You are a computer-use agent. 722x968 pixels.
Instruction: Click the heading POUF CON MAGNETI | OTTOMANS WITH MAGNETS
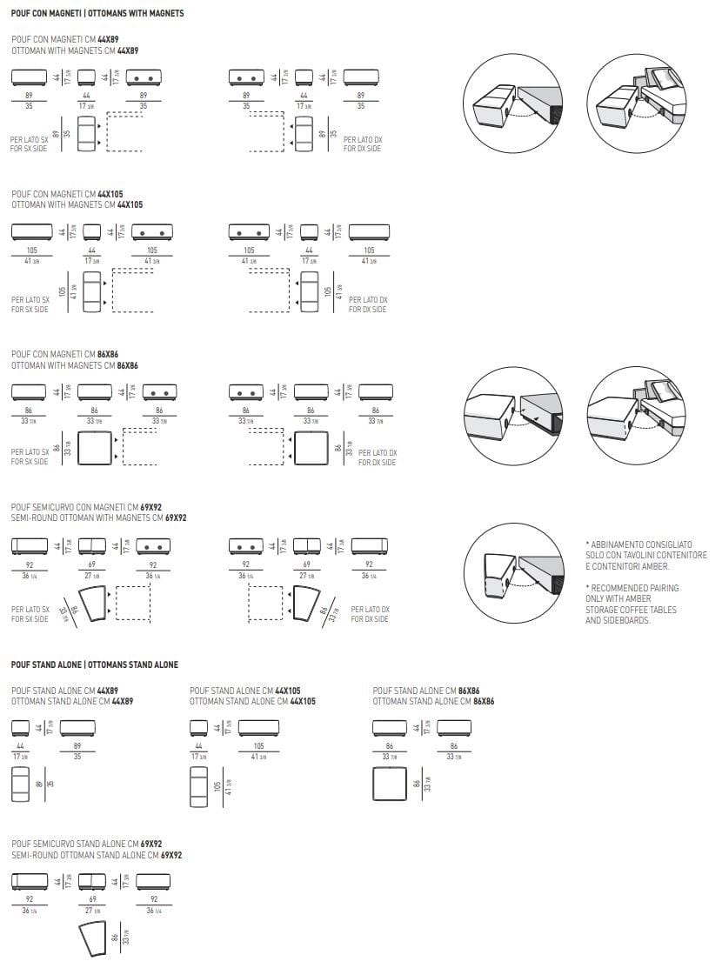pyautogui.click(x=97, y=14)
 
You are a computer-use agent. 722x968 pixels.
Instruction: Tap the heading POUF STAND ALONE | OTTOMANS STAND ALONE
pyautogui.click(x=95, y=664)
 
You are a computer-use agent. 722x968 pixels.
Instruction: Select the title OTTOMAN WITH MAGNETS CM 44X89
pyautogui.click(x=75, y=51)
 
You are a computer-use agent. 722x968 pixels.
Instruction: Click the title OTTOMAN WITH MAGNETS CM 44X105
pyautogui.click(x=77, y=204)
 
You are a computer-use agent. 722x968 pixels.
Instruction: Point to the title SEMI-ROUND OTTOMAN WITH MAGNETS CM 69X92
pyautogui.click(x=99, y=517)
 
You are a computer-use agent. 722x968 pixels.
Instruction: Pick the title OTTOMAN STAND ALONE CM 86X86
pyautogui.click(x=433, y=701)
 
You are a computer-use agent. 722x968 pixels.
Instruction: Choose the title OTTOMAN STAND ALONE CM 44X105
pyautogui.click(x=252, y=701)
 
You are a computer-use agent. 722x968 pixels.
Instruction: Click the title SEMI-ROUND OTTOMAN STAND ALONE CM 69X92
pyautogui.click(x=97, y=855)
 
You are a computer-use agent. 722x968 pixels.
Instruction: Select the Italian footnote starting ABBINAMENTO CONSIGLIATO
pyautogui.click(x=646, y=555)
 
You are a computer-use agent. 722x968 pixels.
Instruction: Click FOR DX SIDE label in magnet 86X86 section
pyautogui.click(x=377, y=463)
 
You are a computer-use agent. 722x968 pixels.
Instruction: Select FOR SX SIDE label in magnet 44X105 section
pyautogui.click(x=30, y=310)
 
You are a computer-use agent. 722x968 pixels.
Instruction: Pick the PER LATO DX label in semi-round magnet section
pyautogui.click(x=370, y=609)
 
